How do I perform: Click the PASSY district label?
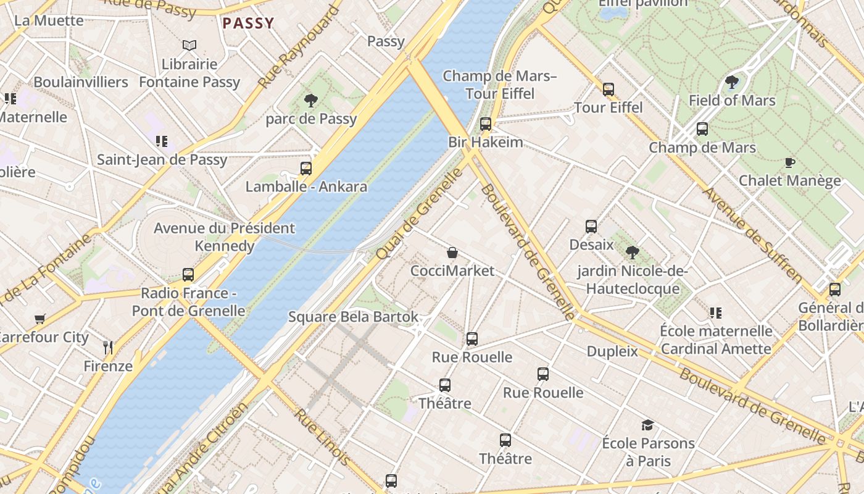pyautogui.click(x=248, y=23)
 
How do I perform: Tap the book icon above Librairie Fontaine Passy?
pyautogui.click(x=189, y=45)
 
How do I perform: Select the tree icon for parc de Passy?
pyautogui.click(x=310, y=100)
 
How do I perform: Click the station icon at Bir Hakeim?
pyautogui.click(x=486, y=124)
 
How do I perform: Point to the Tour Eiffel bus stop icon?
pyautogui.click(x=609, y=89)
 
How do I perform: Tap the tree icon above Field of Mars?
pyautogui.click(x=731, y=82)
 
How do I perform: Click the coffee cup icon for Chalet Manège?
pyautogui.click(x=789, y=162)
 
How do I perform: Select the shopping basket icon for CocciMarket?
pyautogui.click(x=452, y=253)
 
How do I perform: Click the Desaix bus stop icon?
pyautogui.click(x=591, y=226)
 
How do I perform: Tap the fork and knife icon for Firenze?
pyautogui.click(x=108, y=347)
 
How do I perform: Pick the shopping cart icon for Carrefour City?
pyautogui.click(x=40, y=319)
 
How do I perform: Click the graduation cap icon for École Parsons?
pyautogui.click(x=647, y=425)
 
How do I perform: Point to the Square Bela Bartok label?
pyautogui.click(x=353, y=317)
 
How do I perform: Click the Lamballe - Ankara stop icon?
pyautogui.click(x=306, y=168)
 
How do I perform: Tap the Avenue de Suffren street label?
pyautogui.click(x=752, y=235)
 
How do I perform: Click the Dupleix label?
pyautogui.click(x=612, y=351)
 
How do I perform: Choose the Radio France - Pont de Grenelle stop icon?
pyautogui.click(x=188, y=274)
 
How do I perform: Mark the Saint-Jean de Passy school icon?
pyautogui.click(x=162, y=141)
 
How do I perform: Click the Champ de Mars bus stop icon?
pyautogui.click(x=702, y=129)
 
